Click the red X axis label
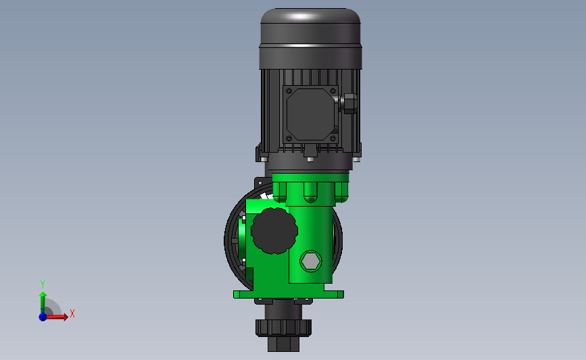click(72, 313)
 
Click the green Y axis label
click(43, 284)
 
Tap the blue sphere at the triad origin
click(43, 317)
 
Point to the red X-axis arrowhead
click(66, 317)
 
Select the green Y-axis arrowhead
click(43, 295)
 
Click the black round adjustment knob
click(274, 231)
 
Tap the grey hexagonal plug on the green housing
click(310, 261)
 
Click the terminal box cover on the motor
click(310, 115)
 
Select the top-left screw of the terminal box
click(289, 91)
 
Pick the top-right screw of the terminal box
click(333, 91)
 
